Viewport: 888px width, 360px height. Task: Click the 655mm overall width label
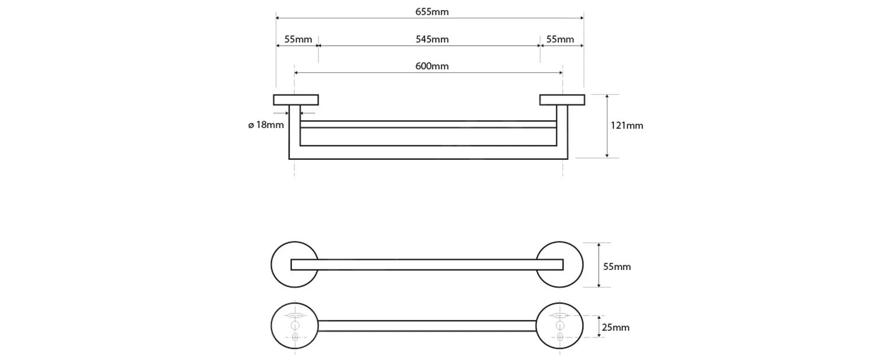[x=432, y=12]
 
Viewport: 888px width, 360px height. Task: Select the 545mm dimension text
[x=432, y=40]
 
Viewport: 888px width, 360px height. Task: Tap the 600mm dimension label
[x=432, y=66]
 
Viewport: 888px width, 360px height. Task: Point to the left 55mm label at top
[x=298, y=40]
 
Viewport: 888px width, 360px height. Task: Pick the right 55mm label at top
[x=559, y=40]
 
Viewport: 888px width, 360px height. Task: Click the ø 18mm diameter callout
[x=266, y=125]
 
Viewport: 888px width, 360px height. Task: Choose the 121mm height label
[x=626, y=126]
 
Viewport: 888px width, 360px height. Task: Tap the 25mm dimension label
[x=615, y=327]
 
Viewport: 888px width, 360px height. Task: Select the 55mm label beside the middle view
[x=616, y=266]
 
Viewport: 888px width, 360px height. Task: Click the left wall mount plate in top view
[x=296, y=99]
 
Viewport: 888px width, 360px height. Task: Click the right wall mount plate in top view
[x=562, y=99]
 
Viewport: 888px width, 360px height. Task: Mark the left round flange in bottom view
[x=281, y=326]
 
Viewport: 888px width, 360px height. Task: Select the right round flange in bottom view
[x=573, y=326]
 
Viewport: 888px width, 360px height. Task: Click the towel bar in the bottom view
[x=426, y=326]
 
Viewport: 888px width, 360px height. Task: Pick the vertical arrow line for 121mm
[x=607, y=126]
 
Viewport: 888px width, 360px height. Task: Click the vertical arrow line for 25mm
[x=600, y=327]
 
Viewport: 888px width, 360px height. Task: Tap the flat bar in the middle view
[x=426, y=265]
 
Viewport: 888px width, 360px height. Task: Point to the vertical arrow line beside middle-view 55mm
[x=600, y=265]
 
